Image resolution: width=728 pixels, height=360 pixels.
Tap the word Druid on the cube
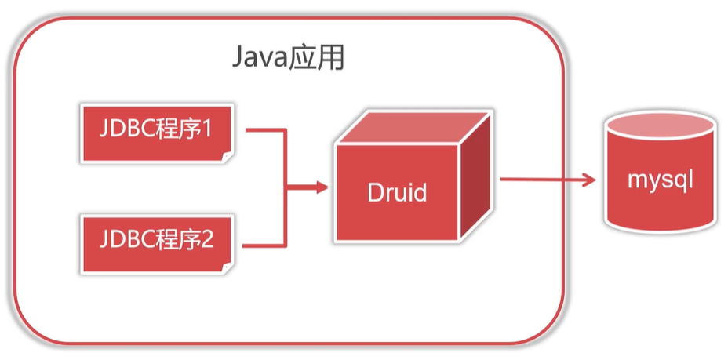click(398, 192)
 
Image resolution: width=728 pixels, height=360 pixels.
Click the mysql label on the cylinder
click(661, 180)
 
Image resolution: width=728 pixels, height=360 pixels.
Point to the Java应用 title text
click(289, 58)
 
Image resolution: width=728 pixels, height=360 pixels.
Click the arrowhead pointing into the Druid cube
click(321, 187)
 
